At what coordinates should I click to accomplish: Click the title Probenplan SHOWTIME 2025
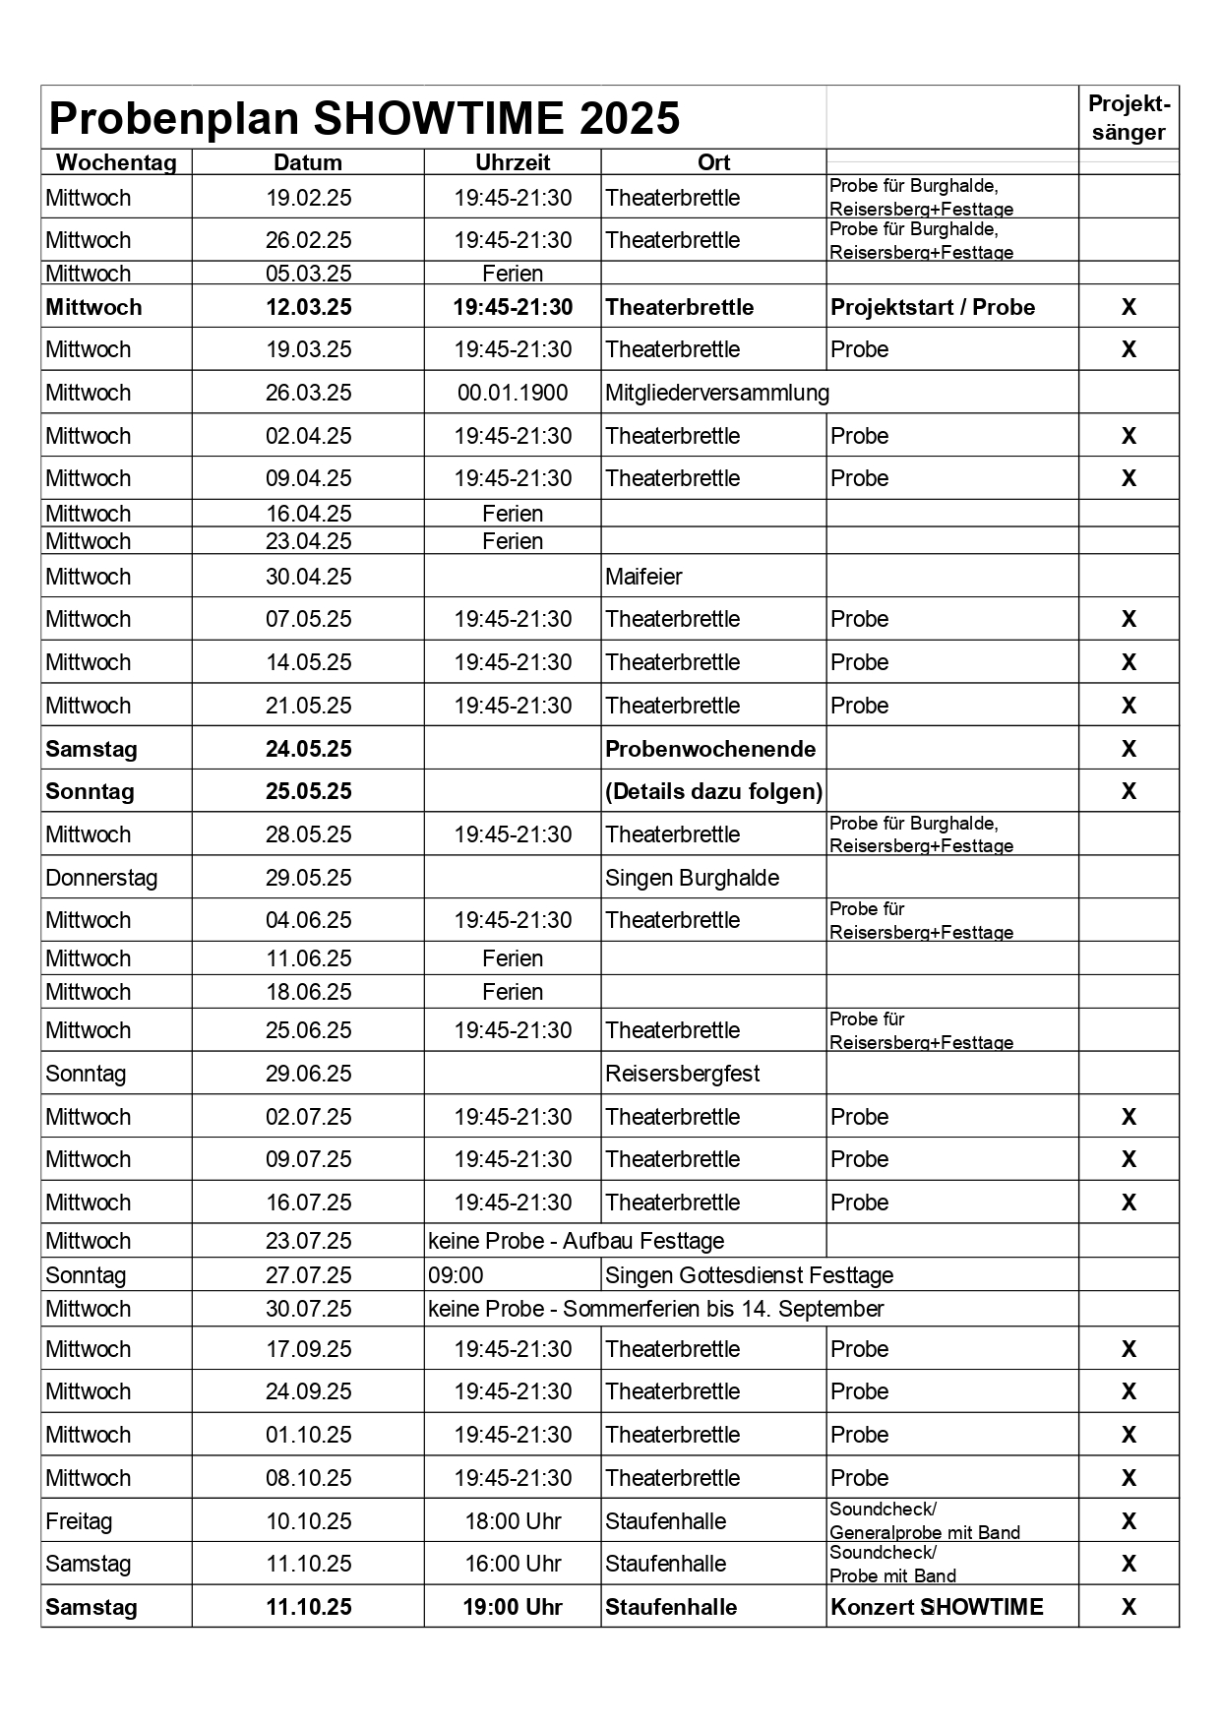pyautogui.click(x=364, y=118)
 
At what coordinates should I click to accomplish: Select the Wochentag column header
pyautogui.click(x=116, y=162)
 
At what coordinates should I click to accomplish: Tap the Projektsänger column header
pyautogui.click(x=1129, y=118)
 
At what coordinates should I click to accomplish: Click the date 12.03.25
pyautogui.click(x=308, y=307)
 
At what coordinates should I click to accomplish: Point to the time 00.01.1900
pyautogui.click(x=513, y=393)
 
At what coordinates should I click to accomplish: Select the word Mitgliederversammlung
pyautogui.click(x=717, y=393)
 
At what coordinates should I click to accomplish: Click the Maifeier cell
pyautogui.click(x=643, y=577)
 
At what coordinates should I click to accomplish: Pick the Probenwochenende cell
pyautogui.click(x=710, y=749)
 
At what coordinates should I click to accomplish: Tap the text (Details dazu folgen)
pyautogui.click(x=714, y=791)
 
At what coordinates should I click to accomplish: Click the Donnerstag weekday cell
pyautogui.click(x=101, y=878)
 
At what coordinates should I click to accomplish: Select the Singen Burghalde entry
pyautogui.click(x=692, y=878)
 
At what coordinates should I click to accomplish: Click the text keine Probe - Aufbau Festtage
pyautogui.click(x=576, y=1241)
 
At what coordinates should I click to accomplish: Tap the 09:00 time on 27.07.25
pyautogui.click(x=456, y=1275)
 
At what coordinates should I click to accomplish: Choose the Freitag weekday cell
pyautogui.click(x=79, y=1521)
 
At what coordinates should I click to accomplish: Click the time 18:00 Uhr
pyautogui.click(x=513, y=1521)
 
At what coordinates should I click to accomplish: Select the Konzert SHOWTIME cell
pyautogui.click(x=937, y=1607)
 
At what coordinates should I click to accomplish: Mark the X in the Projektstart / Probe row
pyautogui.click(x=1129, y=307)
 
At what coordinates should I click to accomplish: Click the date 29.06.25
pyautogui.click(x=308, y=1074)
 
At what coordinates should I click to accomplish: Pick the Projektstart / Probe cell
pyautogui.click(x=933, y=307)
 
